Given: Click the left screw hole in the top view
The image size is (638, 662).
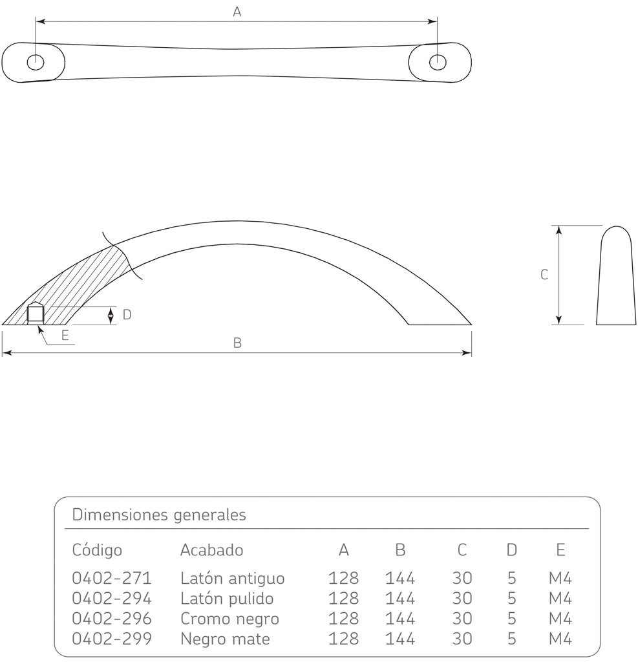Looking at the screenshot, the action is coord(36,62).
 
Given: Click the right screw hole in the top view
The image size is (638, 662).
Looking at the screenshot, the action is coord(438,62).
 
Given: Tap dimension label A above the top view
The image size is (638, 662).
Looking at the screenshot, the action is coord(237,12).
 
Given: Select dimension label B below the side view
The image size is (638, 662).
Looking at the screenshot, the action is coord(237,343).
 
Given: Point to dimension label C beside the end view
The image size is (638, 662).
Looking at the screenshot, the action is coord(544,275).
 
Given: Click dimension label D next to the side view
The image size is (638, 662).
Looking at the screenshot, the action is coord(127,315).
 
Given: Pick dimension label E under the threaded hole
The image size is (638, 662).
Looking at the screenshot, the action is coord(65,336).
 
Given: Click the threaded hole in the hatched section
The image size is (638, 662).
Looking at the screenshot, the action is coord(36,314).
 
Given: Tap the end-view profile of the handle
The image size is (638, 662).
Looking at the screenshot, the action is coord(616,275).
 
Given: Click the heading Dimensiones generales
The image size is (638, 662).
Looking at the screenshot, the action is coord(159,515).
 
